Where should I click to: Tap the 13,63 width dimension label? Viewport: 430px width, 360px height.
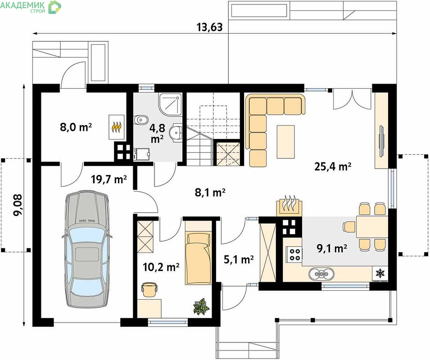point(209,27)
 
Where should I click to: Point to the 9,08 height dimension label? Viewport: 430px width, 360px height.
point(18,205)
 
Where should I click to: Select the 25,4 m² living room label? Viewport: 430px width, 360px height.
point(333,166)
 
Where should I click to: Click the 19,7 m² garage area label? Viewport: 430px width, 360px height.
point(109,180)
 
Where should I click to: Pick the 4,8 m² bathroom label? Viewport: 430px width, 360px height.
point(157,133)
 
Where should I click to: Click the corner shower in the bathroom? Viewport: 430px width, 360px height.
point(170,104)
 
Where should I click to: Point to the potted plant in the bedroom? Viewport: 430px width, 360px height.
point(201,306)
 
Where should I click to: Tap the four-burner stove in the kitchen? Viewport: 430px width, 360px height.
point(294,254)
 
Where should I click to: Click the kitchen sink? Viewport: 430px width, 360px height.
point(321,274)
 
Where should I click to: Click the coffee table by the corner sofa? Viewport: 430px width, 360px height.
point(286,142)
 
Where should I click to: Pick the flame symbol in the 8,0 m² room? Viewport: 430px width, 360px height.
point(117,127)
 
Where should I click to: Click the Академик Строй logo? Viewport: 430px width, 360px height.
point(31,7)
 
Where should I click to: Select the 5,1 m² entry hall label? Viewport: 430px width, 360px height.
point(239,259)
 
